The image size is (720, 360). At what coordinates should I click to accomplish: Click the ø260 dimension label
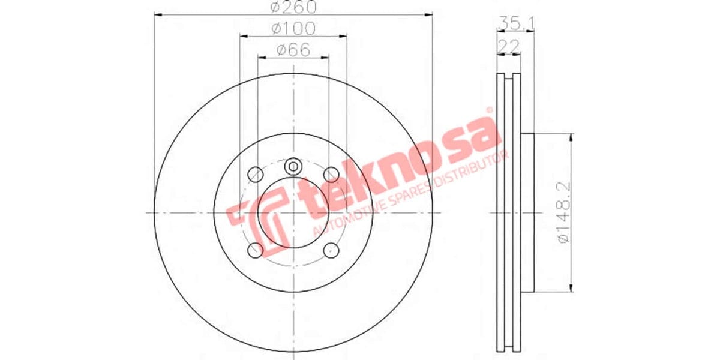pos(293,8)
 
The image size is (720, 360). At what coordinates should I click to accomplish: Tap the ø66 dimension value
pos(293,49)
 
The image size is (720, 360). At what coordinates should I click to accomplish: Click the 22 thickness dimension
pos(507,46)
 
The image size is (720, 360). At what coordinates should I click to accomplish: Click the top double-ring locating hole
pos(293,166)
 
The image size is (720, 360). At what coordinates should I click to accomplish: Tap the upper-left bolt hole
pos(256,175)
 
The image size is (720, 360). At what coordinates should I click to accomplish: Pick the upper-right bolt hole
pos(331,175)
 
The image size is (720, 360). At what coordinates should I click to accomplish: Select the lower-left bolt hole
pos(256,250)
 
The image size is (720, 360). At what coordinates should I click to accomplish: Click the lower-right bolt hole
pos(331,250)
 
